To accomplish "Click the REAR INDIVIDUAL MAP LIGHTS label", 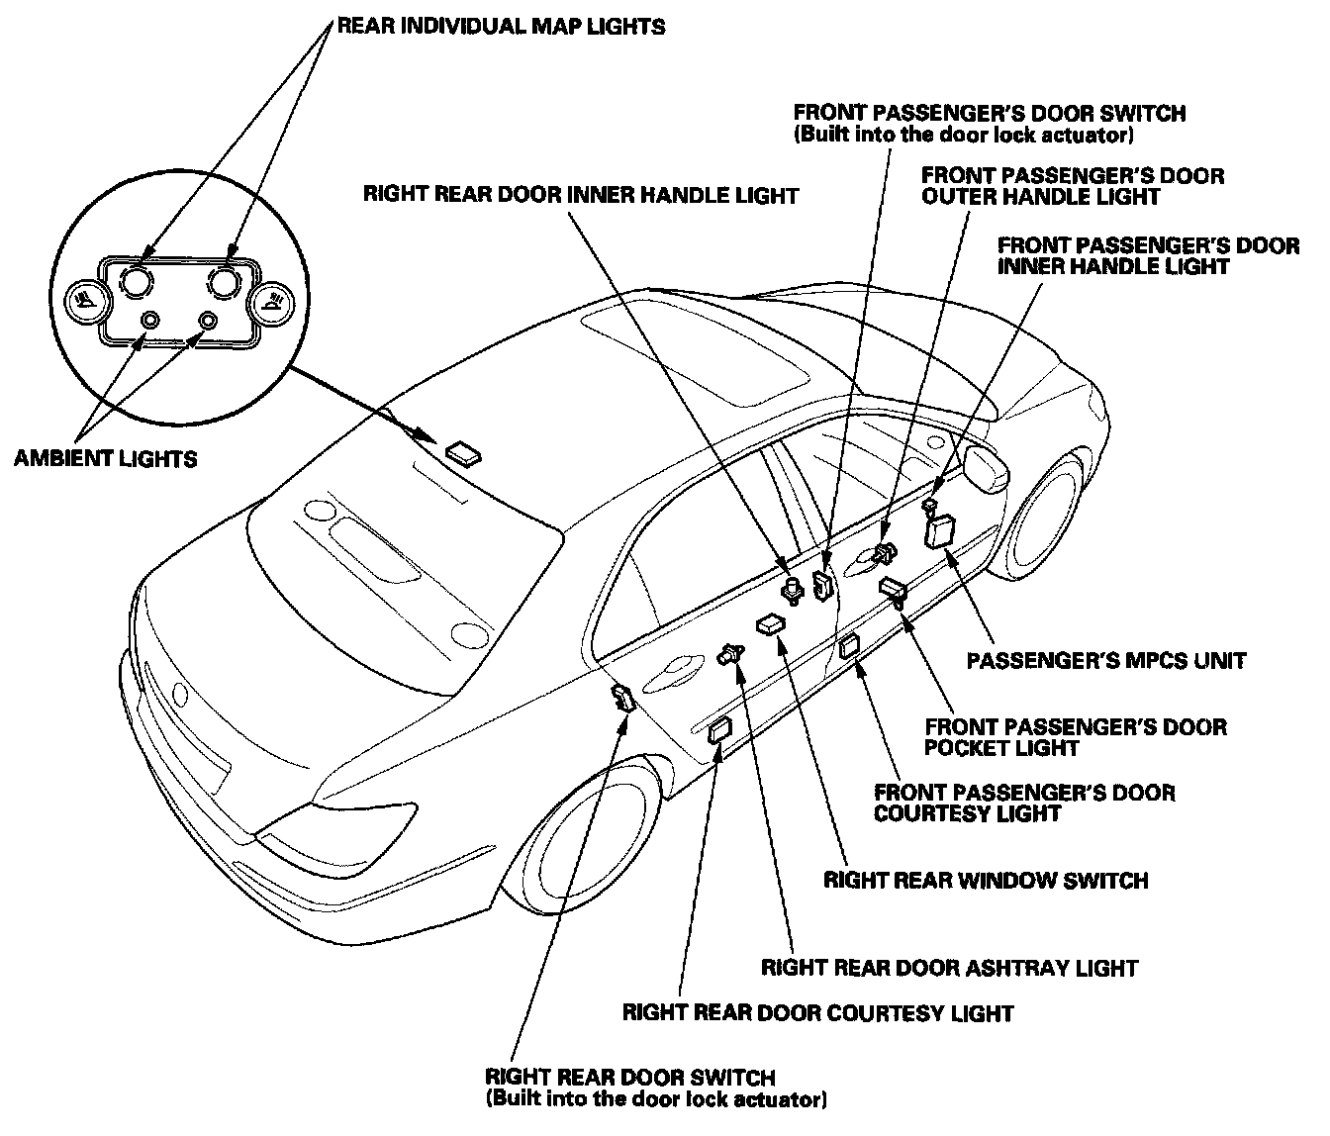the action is [x=501, y=27].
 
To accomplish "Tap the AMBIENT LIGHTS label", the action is [x=106, y=458].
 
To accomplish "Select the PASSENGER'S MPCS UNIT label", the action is [x=1106, y=661].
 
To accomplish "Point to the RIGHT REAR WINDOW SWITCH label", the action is [x=986, y=881].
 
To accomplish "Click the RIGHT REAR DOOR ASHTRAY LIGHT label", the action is [x=950, y=968].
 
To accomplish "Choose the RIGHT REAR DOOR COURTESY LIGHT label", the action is [x=817, y=1013].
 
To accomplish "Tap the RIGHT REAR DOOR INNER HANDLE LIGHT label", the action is [x=581, y=195].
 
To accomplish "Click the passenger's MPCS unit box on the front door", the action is [x=939, y=531].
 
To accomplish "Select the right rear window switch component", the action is [x=771, y=624].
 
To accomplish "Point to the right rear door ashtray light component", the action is [x=731, y=655].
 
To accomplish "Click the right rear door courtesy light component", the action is [x=719, y=731].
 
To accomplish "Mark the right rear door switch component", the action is [x=623, y=698].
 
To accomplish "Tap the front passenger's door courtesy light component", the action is [x=849, y=646].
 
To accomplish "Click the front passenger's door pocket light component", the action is [x=894, y=589].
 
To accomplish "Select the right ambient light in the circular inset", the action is [x=207, y=320].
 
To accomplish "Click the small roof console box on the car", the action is [x=463, y=452].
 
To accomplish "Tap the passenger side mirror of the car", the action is [x=986, y=468].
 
